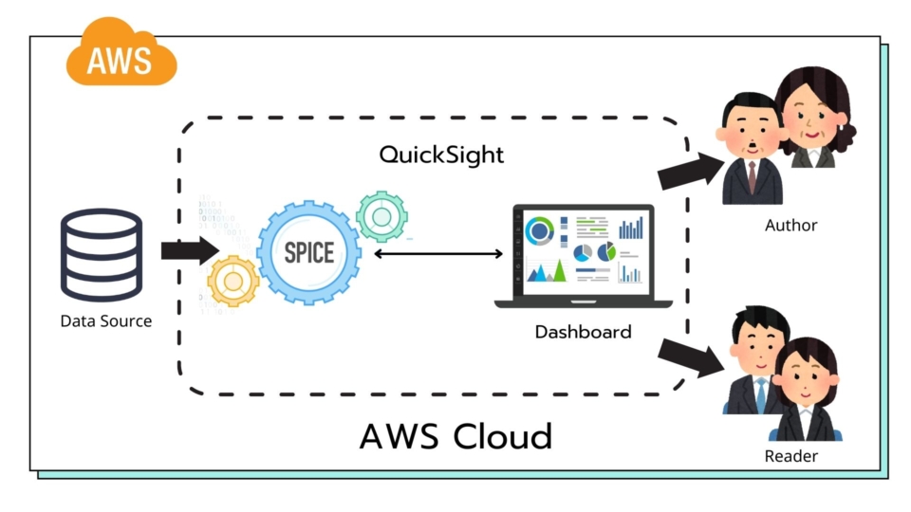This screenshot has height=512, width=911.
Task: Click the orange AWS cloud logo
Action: tap(120, 56)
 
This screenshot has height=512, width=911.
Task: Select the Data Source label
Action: tap(105, 320)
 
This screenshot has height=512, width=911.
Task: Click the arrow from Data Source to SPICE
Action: tap(189, 251)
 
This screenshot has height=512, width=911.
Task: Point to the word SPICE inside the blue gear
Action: tap(308, 252)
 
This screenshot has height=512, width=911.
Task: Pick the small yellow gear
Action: tap(232, 281)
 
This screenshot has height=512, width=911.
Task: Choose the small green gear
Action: tap(381, 217)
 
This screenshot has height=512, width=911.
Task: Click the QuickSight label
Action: tap(441, 154)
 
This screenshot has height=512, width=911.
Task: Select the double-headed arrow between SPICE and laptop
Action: tap(437, 253)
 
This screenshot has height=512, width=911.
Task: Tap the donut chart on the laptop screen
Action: tap(540, 230)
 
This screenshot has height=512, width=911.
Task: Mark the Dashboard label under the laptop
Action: tap(583, 332)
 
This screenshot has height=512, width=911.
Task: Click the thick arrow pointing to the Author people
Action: tap(690, 169)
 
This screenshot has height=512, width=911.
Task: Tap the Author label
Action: tap(790, 225)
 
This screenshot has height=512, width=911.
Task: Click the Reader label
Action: tap(790, 456)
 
